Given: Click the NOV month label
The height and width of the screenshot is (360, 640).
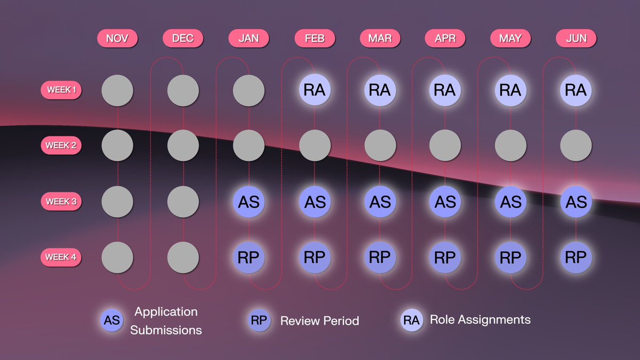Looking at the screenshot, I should (x=117, y=38).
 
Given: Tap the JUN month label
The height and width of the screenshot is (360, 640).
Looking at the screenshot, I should (x=575, y=38).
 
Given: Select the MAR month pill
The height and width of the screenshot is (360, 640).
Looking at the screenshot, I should (x=380, y=38).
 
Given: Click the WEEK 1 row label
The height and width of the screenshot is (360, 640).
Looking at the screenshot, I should (x=61, y=90).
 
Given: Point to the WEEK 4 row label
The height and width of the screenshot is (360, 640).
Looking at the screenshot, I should (x=61, y=257).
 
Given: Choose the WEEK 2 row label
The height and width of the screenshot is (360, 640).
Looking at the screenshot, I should (x=61, y=145).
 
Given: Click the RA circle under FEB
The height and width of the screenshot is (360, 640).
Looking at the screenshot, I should (x=314, y=90).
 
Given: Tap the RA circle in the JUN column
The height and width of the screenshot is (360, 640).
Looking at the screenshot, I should (x=575, y=90).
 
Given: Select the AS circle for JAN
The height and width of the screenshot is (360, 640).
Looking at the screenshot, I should (x=249, y=202).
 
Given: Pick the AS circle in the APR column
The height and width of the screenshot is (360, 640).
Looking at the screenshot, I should (x=445, y=202).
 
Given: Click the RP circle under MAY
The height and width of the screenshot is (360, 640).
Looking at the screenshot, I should (x=510, y=257).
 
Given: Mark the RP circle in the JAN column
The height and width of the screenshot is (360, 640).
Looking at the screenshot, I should (x=249, y=257).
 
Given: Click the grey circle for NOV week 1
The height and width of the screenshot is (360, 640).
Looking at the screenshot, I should (x=117, y=90).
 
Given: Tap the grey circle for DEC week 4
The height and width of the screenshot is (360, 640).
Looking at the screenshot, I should (x=183, y=257).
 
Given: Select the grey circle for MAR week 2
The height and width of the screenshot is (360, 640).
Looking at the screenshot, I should (x=380, y=145).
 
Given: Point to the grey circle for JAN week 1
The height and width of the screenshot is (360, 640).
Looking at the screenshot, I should (x=249, y=90).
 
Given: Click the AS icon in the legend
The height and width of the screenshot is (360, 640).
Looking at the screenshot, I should (x=112, y=321).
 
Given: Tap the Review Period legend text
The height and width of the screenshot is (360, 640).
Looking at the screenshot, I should (x=319, y=321).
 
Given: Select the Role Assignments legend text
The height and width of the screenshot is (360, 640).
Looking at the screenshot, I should (x=480, y=320).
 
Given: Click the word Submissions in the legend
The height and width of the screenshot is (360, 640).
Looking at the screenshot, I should (x=166, y=330).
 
